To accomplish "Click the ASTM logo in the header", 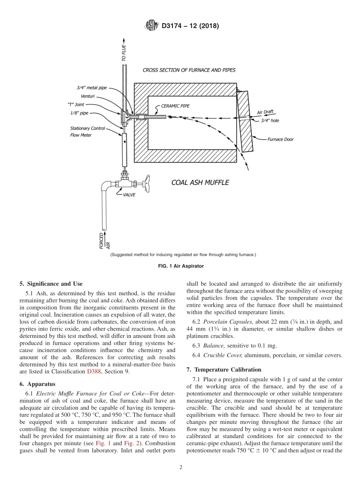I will coord(151,26).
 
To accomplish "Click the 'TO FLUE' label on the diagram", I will coord(124,53).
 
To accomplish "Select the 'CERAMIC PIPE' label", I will coord(175,106).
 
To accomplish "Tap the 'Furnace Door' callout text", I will coord(280,139).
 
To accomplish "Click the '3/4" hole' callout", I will coord(270,120).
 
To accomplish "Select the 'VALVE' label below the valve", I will coord(129,195).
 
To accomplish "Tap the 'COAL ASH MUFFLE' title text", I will coord(200,183).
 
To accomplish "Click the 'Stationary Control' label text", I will coord(87,128).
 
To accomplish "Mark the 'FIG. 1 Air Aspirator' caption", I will coord(181,266).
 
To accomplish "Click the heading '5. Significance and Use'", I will coord(51,283).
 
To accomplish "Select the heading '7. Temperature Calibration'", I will coord(223,369).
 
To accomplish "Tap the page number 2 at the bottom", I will coord(181,467).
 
